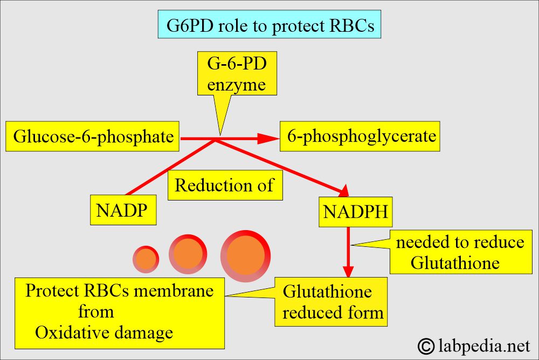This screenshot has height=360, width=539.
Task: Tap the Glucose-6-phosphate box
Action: tap(93, 136)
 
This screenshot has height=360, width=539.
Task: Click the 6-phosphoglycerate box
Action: tap(361, 136)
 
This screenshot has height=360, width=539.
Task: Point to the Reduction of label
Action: tap(225, 186)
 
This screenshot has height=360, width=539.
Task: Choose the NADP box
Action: tap(123, 210)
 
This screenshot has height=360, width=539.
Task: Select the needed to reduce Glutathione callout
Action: tap(459, 252)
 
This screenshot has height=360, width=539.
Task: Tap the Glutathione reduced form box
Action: tap(331, 302)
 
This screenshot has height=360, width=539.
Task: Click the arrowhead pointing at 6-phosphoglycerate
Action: tap(265, 139)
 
